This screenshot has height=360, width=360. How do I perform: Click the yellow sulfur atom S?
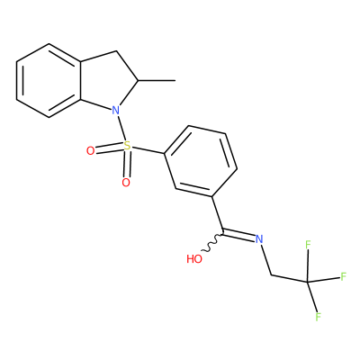click(x=128, y=146)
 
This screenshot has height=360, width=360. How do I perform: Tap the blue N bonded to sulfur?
click(x=115, y=111)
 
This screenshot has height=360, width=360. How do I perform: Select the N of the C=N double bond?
click(x=259, y=239)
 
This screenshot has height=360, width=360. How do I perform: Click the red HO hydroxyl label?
click(x=194, y=259)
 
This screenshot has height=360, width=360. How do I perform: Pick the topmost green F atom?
click(x=308, y=245)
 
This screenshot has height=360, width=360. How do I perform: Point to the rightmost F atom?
click(x=344, y=276)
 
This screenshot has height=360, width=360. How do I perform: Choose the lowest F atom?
click(x=319, y=317)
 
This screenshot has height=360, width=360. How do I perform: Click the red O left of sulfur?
click(x=90, y=151)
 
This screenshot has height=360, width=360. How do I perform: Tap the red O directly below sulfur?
click(x=126, y=183)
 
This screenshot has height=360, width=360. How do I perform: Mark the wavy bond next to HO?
click(x=212, y=242)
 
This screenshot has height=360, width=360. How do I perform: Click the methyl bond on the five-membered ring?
click(x=157, y=80)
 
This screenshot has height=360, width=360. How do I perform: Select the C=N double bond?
click(x=238, y=234)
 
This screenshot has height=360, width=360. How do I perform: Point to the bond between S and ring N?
click(x=121, y=129)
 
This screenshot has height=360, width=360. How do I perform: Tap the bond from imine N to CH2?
click(x=266, y=260)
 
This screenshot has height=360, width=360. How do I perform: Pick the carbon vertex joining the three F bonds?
click(x=308, y=282)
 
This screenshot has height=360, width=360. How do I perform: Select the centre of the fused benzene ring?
click(x=49, y=80)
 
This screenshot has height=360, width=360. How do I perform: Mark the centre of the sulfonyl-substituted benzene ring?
click(x=201, y=161)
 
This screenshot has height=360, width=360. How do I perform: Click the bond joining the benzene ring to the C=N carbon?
click(x=218, y=215)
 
